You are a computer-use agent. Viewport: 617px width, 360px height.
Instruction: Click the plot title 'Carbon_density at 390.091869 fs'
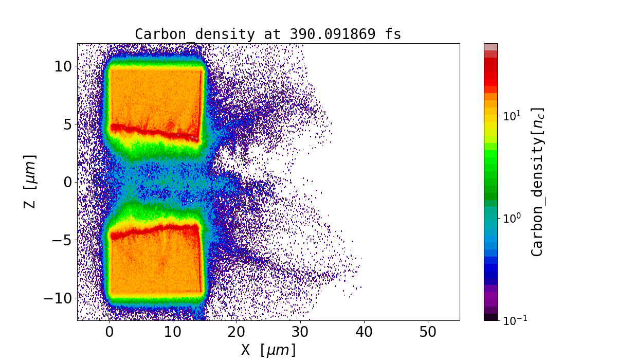click(268, 34)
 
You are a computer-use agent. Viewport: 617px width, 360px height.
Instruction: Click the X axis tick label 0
click(109, 332)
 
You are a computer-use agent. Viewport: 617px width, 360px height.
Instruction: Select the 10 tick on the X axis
click(173, 332)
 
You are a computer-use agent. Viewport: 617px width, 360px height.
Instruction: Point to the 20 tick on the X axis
click(237, 332)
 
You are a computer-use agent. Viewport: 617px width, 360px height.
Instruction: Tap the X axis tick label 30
click(300, 332)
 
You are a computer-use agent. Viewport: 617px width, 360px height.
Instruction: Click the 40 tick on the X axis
click(364, 332)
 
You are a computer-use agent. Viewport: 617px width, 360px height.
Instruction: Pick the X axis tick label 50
click(428, 332)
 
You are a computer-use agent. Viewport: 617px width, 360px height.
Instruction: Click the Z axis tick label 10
click(63, 66)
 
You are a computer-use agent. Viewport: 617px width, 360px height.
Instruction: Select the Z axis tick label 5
click(67, 124)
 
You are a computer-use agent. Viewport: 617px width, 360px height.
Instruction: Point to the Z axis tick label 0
click(67, 182)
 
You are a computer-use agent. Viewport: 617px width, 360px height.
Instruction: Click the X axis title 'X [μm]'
click(268, 350)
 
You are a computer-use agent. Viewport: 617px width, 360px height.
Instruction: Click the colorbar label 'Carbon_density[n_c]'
click(537, 182)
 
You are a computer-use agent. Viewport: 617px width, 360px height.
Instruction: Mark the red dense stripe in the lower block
click(154, 229)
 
